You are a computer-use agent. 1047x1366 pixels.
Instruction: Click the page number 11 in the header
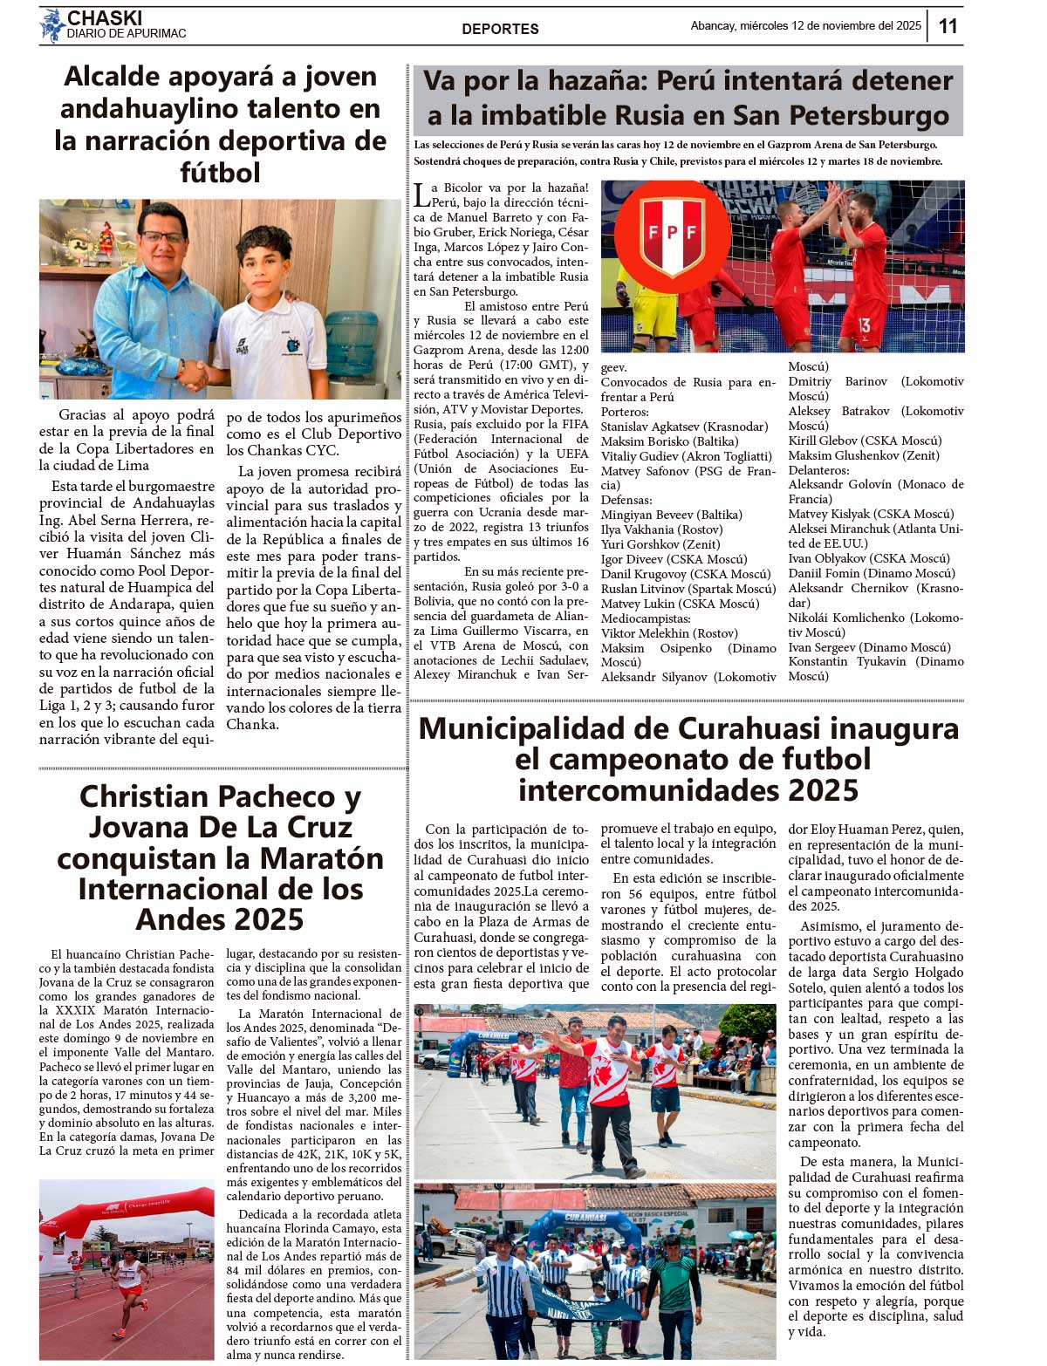[948, 26]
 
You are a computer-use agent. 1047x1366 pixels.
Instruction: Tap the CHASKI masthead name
[104, 18]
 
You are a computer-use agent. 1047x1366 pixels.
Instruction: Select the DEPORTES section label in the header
[500, 29]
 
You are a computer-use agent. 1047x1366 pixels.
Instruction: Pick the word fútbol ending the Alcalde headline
[220, 172]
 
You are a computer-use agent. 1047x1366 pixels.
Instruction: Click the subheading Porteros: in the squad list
[625, 412]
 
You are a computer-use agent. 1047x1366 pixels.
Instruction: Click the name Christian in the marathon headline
[141, 796]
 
